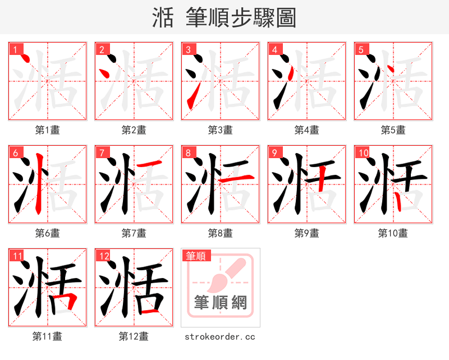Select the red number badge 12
(104, 256)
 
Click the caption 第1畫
(48, 130)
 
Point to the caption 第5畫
(393, 130)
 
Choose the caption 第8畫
(220, 233)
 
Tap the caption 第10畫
(393, 233)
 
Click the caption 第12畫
(134, 336)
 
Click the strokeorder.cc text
(220, 336)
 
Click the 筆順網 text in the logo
(220, 303)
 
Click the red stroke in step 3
(191, 97)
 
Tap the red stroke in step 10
(397, 200)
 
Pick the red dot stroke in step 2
(104, 72)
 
